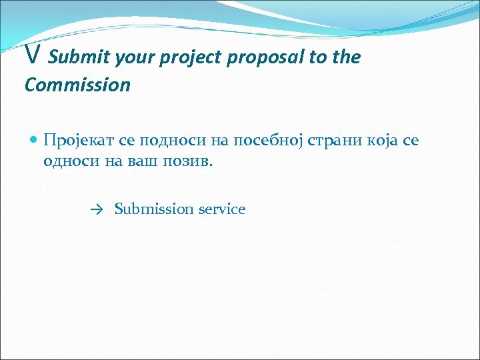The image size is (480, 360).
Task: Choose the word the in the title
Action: click(347, 58)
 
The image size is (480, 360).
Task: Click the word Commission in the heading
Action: click(77, 85)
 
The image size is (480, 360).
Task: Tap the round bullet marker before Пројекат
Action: click(33, 139)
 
